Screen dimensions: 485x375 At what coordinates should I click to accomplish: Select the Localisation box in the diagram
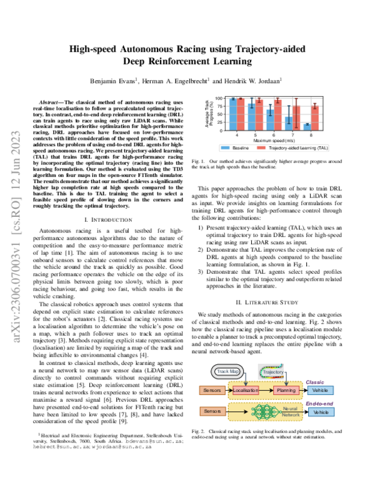(247, 389)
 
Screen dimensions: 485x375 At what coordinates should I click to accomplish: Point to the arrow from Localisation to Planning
(269, 389)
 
